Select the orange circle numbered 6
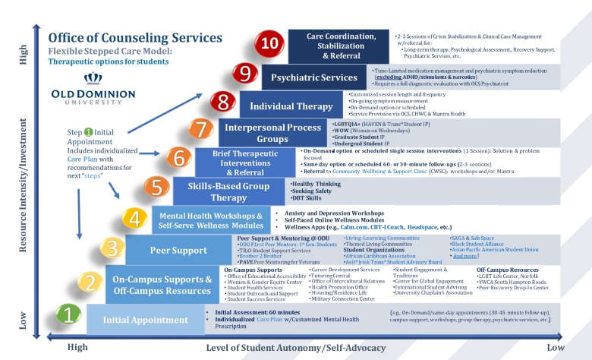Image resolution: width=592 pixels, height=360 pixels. click(x=178, y=157)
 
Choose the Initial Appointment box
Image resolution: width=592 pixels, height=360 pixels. click(x=145, y=320)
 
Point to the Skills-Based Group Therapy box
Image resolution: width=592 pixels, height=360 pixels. click(x=229, y=190)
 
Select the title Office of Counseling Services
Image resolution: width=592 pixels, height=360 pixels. click(x=135, y=37)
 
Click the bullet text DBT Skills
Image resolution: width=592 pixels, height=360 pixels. click(x=307, y=197)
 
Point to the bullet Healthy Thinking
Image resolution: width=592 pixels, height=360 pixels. click(x=316, y=183)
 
